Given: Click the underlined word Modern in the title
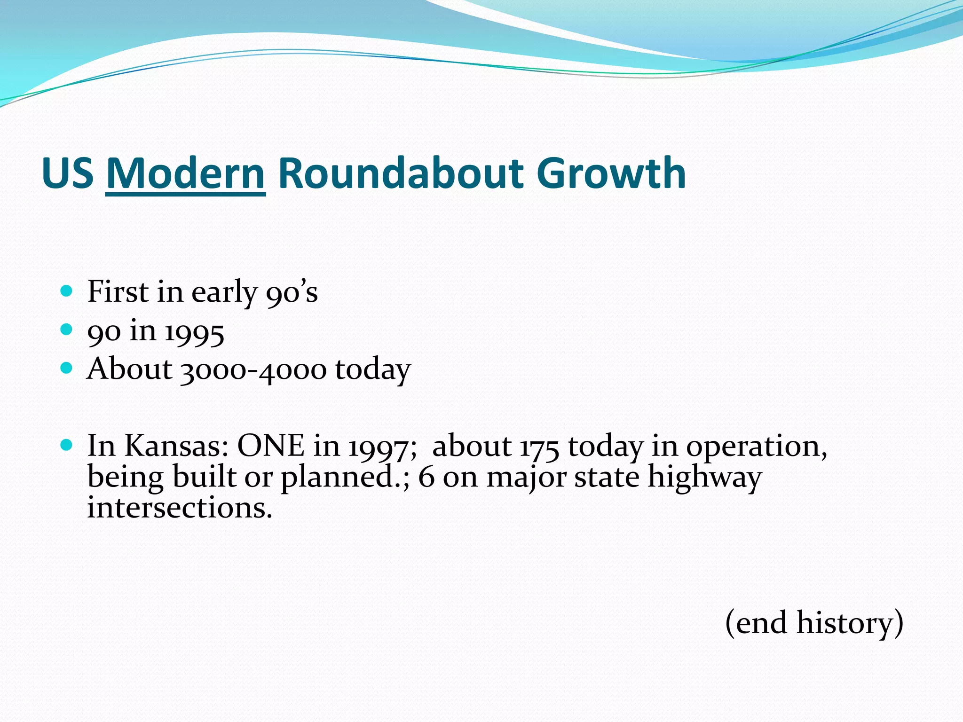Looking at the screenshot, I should click(186, 173).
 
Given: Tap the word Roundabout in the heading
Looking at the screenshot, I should click(401, 173).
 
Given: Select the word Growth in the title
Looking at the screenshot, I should click(611, 173).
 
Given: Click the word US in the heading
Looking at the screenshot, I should click(68, 173).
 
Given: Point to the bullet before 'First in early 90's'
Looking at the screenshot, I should click(67, 291).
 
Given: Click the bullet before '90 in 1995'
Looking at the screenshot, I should click(67, 330).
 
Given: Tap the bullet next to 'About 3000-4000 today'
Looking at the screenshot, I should click(67, 368).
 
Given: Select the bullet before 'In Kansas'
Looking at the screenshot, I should click(67, 445).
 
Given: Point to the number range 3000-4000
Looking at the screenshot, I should click(253, 370).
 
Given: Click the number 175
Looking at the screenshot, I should click(539, 447).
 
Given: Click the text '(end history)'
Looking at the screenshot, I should click(814, 623).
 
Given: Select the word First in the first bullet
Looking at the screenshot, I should click(118, 291).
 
